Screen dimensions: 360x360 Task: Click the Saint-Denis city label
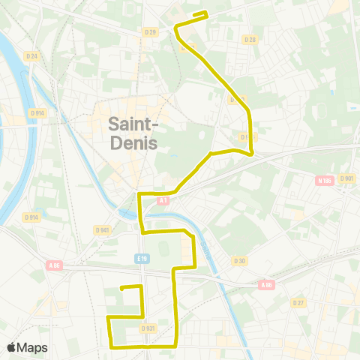(133, 131)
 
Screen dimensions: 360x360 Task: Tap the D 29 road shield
(150, 31)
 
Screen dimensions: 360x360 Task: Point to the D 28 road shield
(250, 39)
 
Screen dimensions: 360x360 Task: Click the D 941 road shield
(103, 229)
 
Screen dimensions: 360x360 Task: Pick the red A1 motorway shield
(163, 200)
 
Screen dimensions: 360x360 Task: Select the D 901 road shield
(346, 178)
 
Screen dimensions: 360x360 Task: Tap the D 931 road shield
(148, 328)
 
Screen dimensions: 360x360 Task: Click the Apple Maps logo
(27, 347)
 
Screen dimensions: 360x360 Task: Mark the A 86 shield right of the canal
(265, 285)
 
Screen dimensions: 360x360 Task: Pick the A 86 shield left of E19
(54, 265)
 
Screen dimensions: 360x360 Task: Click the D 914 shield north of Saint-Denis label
(37, 112)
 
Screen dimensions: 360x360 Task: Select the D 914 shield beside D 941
(31, 217)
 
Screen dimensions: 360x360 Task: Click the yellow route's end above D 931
(122, 287)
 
